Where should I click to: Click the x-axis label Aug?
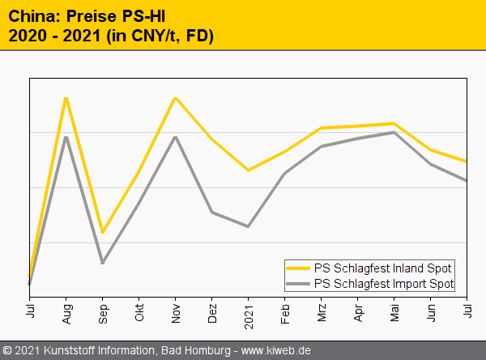click(x=66, y=312)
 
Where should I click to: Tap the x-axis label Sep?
click(x=103, y=312)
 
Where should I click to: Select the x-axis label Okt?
click(x=139, y=312)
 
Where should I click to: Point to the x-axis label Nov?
click(x=176, y=312)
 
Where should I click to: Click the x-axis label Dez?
click(x=212, y=312)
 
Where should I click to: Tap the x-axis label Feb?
click(x=285, y=312)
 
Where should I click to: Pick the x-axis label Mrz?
click(x=322, y=312)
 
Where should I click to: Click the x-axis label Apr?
click(x=358, y=312)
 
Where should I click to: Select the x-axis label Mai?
click(x=394, y=312)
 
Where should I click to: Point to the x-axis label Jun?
click(x=431, y=312)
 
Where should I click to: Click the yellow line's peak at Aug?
click(x=66, y=98)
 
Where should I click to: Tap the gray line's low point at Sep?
click(x=102, y=263)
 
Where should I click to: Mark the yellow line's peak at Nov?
click(x=175, y=98)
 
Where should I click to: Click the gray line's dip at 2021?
click(x=248, y=226)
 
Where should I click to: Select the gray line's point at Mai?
click(x=394, y=131)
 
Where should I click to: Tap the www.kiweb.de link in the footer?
click(x=276, y=350)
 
